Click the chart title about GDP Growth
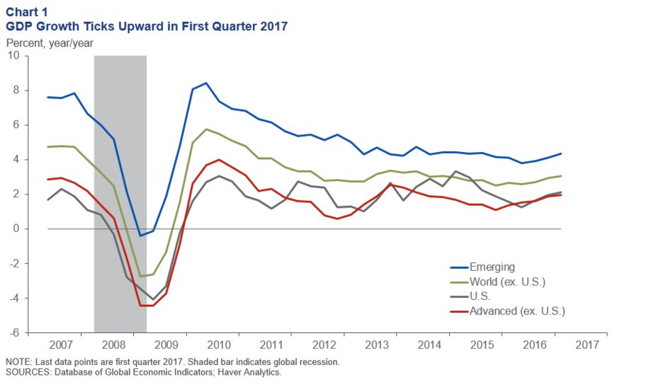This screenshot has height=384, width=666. coord(147,26)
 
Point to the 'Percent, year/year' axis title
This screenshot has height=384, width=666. coord(50,42)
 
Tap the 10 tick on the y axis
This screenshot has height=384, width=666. coord(14,56)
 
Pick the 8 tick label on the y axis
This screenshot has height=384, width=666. coord(16,91)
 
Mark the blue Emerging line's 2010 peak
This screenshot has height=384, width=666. coord(205,83)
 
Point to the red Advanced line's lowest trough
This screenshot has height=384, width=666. coord(147,306)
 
